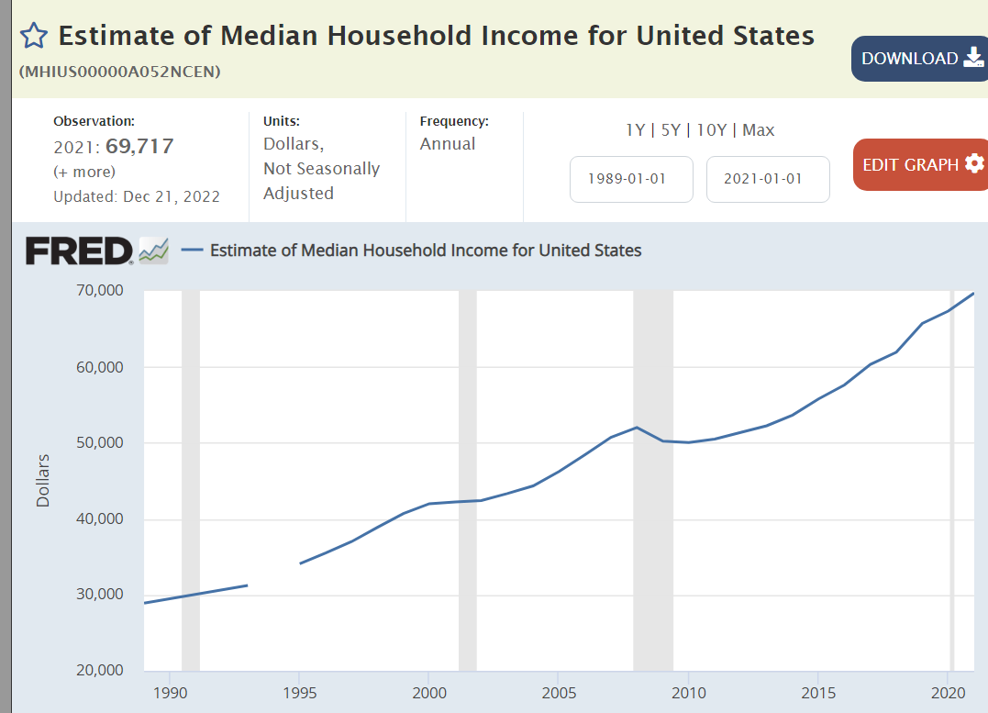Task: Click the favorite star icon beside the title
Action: pos(33,36)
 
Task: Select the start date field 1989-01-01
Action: pos(631,179)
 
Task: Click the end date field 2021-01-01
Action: pos(767,179)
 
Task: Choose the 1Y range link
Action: pos(635,130)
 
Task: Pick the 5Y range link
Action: pos(671,130)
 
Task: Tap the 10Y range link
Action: pos(711,130)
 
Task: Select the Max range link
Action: pos(759,130)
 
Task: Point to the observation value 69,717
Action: pos(139,146)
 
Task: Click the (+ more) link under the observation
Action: pos(84,172)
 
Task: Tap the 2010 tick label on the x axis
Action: pos(688,691)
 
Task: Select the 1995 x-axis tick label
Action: pos(299,691)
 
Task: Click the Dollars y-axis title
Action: pos(43,480)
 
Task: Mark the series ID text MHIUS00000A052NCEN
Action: pos(119,72)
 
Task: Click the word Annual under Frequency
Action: pos(448,144)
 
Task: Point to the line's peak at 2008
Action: pos(636,428)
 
